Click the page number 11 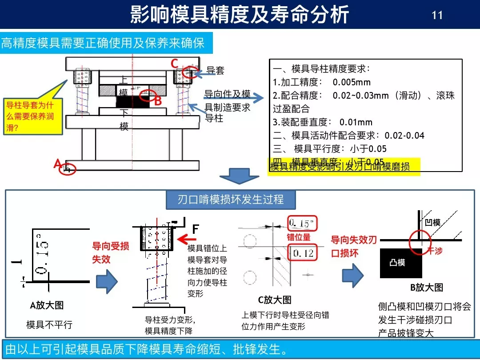pos(437,15)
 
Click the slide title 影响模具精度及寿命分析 pos(240,15)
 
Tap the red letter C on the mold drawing pos(175,64)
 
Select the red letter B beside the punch pos(157,101)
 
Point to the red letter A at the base pos(57,164)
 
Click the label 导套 pos(216,70)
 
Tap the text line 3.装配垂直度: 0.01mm pos(322,122)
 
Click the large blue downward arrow pos(240,176)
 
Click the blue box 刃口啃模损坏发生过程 pos(231,199)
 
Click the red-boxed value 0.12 pos(303,253)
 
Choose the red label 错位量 pos(298,237)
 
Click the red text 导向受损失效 pos(110,252)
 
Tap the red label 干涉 pos(435,251)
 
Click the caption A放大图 pos(47,305)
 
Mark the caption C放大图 pos(275,300)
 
